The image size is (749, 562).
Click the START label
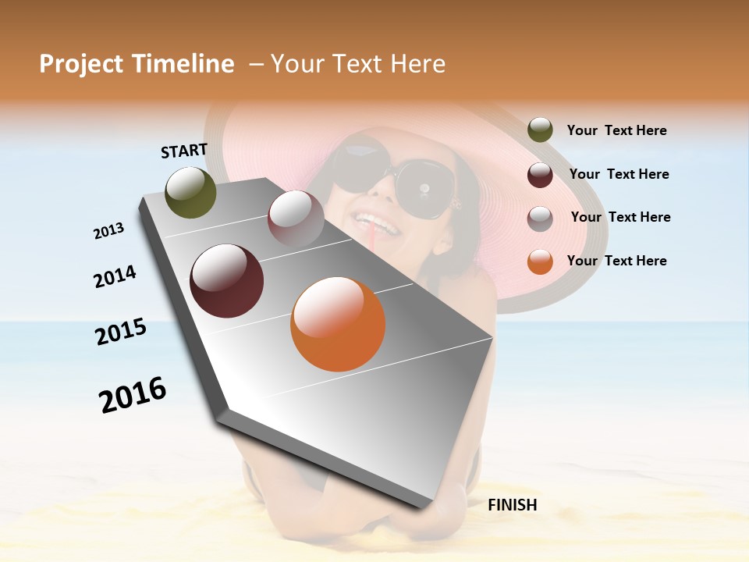tap(184, 151)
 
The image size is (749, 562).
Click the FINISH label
tap(512, 505)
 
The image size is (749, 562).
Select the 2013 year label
tap(108, 231)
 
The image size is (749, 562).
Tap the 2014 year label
tap(115, 277)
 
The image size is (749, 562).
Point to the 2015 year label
tap(121, 332)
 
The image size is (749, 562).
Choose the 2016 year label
tap(133, 395)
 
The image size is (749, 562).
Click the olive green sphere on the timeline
tap(190, 192)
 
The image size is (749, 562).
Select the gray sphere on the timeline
tap(296, 218)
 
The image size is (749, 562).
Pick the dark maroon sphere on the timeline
tap(227, 281)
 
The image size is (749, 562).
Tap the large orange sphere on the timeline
tap(338, 324)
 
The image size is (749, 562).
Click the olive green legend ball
tap(540, 130)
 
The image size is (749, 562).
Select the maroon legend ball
tap(540, 175)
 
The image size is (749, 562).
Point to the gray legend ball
tap(540, 218)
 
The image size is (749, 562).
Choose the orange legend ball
tap(540, 261)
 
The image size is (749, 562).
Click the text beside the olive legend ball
tap(616, 131)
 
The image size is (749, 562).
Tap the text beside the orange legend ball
tap(616, 261)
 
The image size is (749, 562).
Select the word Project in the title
tap(81, 64)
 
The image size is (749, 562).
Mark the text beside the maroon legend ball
tap(619, 174)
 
